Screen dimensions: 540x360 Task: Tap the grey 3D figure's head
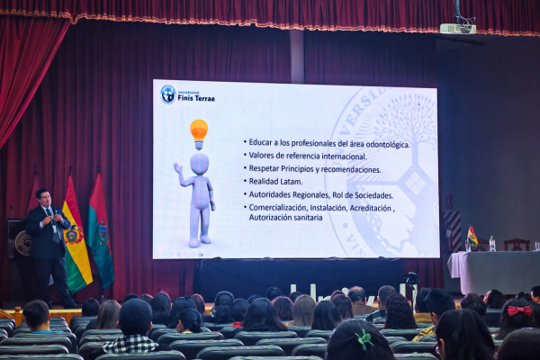click(x=200, y=165)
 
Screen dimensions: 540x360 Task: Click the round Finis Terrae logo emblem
click(x=168, y=94)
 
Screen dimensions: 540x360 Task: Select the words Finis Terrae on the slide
click(x=196, y=98)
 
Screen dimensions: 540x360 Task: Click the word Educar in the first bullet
click(x=260, y=142)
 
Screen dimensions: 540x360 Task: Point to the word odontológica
click(x=388, y=145)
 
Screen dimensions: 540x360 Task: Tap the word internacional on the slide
click(x=344, y=157)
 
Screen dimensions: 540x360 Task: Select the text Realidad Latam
click(x=275, y=181)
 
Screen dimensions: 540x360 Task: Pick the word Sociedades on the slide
click(x=374, y=195)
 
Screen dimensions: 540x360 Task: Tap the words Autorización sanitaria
click(x=285, y=218)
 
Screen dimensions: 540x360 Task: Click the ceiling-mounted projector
click(x=458, y=28)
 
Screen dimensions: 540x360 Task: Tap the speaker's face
click(x=45, y=198)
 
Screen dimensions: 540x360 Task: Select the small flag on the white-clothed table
click(x=472, y=237)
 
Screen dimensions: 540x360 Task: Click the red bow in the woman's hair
click(x=519, y=310)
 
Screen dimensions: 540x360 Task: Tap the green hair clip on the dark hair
click(x=364, y=338)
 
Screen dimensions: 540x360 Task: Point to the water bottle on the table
click(x=492, y=244)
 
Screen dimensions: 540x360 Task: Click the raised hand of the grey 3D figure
click(x=177, y=167)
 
